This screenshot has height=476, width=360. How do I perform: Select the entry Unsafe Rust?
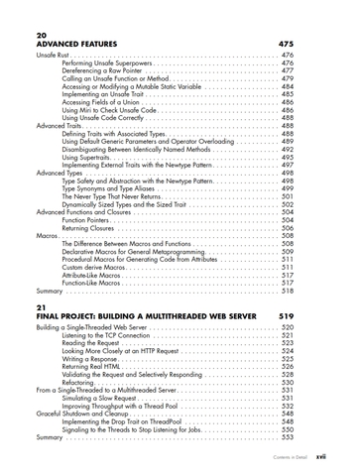pyautogui.click(x=54, y=56)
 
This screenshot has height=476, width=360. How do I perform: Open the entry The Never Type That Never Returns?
pyautogui.click(x=121, y=196)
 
